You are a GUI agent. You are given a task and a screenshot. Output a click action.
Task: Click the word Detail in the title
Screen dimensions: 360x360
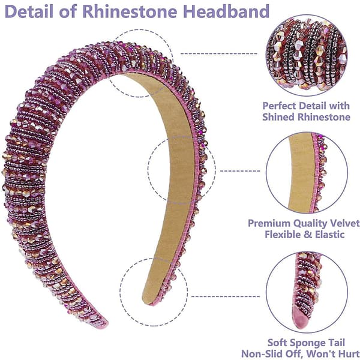point(29,11)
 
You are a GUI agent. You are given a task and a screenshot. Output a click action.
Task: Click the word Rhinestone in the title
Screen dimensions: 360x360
point(130,11)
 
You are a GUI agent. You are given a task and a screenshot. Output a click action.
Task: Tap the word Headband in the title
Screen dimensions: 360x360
point(226,11)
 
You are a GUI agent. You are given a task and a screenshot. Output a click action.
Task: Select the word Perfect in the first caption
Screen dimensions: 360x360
point(280,106)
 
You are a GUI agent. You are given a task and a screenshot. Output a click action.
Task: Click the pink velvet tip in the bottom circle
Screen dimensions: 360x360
point(300,316)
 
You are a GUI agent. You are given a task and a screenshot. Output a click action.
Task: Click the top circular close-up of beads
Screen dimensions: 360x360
point(307,55)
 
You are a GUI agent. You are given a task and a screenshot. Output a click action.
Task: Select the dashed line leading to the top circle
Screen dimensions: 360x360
point(219,54)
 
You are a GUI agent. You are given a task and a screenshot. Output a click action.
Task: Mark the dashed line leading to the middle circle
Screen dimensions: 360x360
point(240,171)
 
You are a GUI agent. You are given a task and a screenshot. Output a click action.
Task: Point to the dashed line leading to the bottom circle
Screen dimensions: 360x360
point(226,296)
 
